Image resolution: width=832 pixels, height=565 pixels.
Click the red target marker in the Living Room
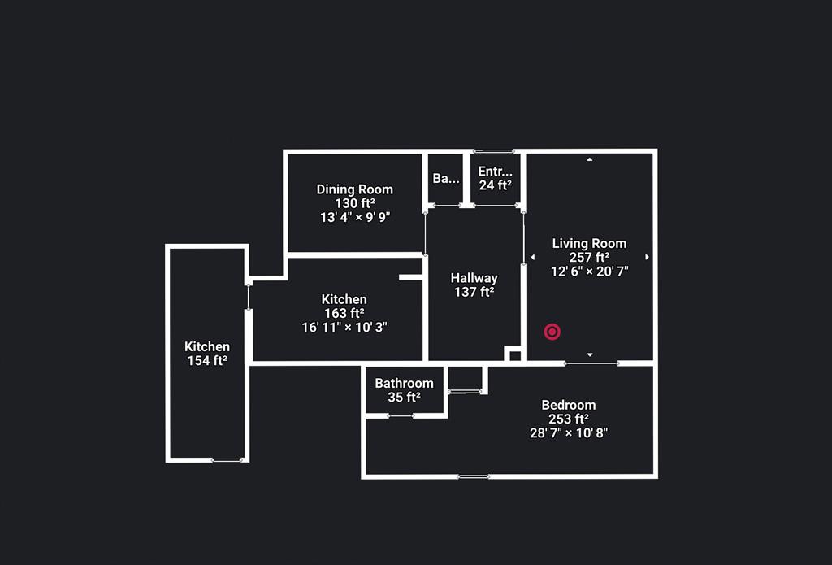click(x=552, y=332)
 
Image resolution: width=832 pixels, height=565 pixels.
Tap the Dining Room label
click(x=354, y=189)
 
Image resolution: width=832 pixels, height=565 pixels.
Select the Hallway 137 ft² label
click(x=474, y=285)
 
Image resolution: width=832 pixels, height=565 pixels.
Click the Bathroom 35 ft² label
click(x=404, y=389)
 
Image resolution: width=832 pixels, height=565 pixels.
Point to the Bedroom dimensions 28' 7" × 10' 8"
click(x=568, y=432)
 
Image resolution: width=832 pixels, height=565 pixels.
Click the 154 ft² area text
click(x=207, y=361)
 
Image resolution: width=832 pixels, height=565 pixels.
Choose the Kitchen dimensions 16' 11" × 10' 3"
click(x=344, y=327)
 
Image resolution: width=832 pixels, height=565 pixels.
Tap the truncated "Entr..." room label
click(x=495, y=172)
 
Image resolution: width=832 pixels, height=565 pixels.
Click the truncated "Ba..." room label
click(x=446, y=178)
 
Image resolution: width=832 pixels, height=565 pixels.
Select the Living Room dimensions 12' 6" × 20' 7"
click(x=590, y=272)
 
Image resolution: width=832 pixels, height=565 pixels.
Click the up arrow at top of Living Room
click(x=590, y=159)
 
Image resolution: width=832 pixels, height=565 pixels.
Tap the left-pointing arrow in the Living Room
click(x=533, y=257)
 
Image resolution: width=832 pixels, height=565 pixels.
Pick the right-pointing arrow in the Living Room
click(x=647, y=257)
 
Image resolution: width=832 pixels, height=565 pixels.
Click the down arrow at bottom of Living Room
click(x=590, y=354)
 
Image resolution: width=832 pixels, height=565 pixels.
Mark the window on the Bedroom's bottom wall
click(x=474, y=477)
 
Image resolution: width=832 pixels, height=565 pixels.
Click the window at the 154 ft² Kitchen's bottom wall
click(x=228, y=460)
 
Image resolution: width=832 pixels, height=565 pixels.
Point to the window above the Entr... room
click(x=493, y=151)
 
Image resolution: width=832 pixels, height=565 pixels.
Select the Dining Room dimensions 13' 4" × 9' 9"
click(x=355, y=217)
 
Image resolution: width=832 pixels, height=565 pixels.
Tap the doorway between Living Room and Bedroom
click(x=591, y=363)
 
